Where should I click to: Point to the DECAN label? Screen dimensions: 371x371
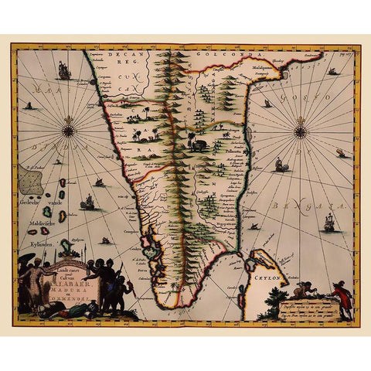click(x=121, y=56)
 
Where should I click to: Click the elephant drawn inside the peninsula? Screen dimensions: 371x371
click(x=200, y=145)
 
